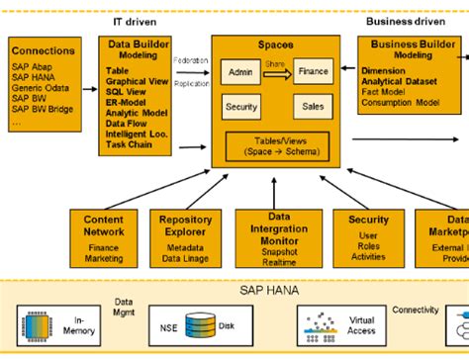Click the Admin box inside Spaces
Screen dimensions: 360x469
pos(240,73)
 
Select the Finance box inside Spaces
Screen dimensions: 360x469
pos(313,72)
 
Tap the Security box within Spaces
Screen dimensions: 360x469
pos(240,106)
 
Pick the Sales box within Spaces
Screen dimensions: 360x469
pos(313,106)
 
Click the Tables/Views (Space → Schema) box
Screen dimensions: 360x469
pos(275,146)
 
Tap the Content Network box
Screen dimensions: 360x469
pos(103,237)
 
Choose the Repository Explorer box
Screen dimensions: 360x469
pos(186,237)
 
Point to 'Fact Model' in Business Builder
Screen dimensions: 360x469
pos(388,92)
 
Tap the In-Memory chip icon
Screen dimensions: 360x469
pos(36,323)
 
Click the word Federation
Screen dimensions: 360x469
pos(190,60)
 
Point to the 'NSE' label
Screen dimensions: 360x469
pos(169,324)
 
